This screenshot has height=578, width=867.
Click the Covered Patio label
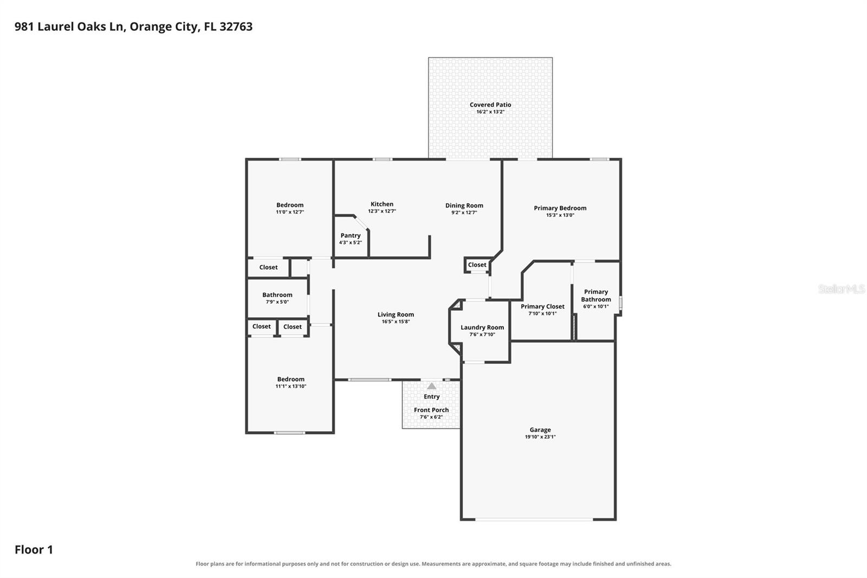pyautogui.click(x=490, y=105)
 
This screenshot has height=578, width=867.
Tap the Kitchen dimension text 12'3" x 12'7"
pyautogui.click(x=381, y=211)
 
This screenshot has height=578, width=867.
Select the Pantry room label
pyautogui.click(x=350, y=235)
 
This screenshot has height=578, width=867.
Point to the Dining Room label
pyautogui.click(x=464, y=205)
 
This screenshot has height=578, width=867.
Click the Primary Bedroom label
pyautogui.click(x=560, y=208)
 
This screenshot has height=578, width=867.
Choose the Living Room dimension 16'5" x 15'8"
pyautogui.click(x=396, y=321)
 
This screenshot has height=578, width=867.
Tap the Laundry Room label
pyautogui.click(x=482, y=327)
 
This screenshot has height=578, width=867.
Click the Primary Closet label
pyautogui.click(x=542, y=306)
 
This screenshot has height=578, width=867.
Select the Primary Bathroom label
pyautogui.click(x=596, y=295)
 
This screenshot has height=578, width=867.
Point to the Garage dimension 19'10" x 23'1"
pyautogui.click(x=540, y=436)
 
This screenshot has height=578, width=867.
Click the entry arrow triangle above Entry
pyautogui.click(x=431, y=386)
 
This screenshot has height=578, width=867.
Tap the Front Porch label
pyautogui.click(x=431, y=410)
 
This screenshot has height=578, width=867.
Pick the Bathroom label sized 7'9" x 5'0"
pyautogui.click(x=277, y=295)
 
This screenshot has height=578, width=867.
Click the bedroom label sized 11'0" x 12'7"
pyautogui.click(x=290, y=205)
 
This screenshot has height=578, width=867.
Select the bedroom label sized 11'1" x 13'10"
pyautogui.click(x=290, y=379)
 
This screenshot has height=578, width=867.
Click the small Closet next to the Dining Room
pyautogui.click(x=477, y=265)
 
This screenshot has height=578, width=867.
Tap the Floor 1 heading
pyautogui.click(x=34, y=550)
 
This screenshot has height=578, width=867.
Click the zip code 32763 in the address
pyautogui.click(x=236, y=27)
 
